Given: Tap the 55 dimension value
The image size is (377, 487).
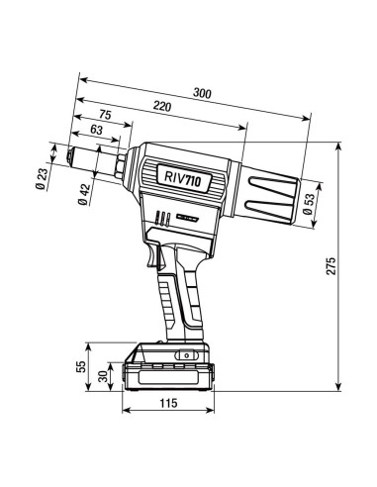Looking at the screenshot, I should [81, 366].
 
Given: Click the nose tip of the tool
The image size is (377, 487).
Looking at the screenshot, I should [67, 155].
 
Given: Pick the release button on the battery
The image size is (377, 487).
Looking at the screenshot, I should [182, 355].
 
